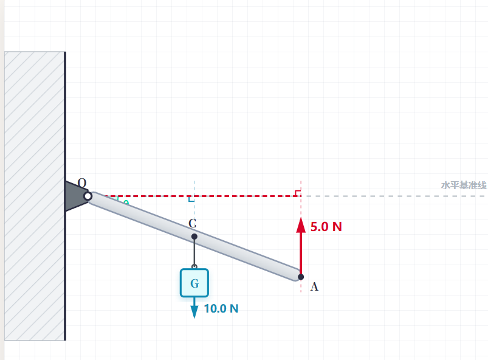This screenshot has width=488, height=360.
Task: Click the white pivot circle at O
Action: (88, 196)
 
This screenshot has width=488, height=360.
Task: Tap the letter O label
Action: (82, 182)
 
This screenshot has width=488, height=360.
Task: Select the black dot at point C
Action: (194, 237)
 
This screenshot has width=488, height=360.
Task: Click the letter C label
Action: (192, 223)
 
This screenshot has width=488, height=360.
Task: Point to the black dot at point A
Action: (301, 277)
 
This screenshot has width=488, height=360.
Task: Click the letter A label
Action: (314, 286)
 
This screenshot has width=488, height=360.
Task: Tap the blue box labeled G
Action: (194, 283)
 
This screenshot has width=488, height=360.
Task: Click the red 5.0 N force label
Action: (326, 227)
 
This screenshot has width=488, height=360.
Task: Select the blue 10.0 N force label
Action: (221, 309)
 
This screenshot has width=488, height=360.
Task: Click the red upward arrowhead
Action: (301, 225)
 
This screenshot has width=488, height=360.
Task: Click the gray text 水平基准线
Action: (464, 185)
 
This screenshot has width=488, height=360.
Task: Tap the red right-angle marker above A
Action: (298, 193)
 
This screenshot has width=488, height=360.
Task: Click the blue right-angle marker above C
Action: (191, 199)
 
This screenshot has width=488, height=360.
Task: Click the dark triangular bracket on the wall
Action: (76, 196)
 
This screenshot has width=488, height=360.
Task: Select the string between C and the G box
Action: (194, 252)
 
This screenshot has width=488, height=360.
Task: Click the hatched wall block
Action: (35, 196)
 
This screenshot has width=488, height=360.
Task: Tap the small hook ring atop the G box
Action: (194, 267)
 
